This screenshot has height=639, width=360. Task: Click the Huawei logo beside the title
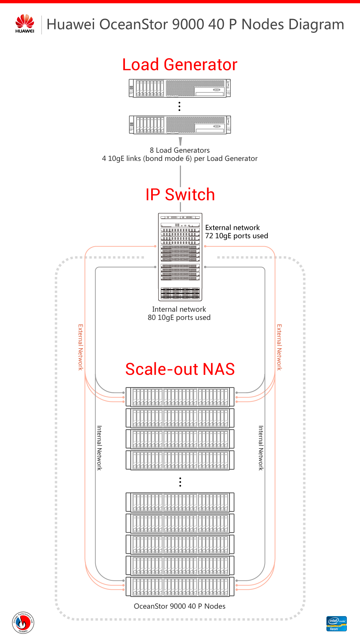(25, 24)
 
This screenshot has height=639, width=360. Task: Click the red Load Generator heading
(180, 65)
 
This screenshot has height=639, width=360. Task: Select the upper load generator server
(180, 88)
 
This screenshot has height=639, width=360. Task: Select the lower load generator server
(180, 125)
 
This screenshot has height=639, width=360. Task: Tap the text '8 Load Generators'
(180, 150)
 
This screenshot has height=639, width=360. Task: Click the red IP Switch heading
(180, 195)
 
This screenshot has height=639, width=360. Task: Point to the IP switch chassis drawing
(180, 257)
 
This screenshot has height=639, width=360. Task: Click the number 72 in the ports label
(209, 236)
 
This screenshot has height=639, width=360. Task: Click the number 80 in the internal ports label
(152, 317)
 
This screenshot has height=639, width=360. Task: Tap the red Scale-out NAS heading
(180, 369)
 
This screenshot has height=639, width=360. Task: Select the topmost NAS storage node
(180, 397)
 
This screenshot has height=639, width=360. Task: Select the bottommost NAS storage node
(180, 587)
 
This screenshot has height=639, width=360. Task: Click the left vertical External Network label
(81, 347)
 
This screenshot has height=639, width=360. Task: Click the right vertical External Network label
(279, 347)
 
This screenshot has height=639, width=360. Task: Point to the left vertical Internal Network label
(99, 448)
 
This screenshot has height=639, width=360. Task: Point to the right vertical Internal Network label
(261, 448)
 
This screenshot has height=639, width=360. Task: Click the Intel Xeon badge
(336, 624)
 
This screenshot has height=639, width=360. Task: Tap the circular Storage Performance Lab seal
(23, 622)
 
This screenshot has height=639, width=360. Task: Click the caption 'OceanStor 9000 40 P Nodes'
(180, 606)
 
